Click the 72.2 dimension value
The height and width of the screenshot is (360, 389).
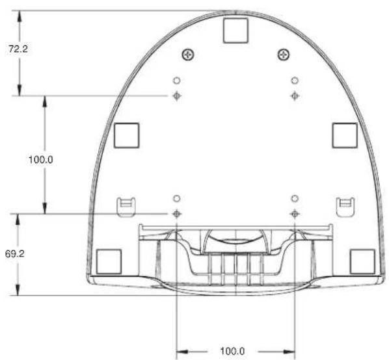point(18,49)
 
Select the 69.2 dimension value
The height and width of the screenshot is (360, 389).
point(15,254)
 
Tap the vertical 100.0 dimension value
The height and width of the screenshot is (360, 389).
point(41,160)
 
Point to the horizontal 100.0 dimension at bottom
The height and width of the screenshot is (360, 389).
point(232,351)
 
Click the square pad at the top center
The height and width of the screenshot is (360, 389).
point(235,31)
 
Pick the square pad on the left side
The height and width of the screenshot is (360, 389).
point(127,136)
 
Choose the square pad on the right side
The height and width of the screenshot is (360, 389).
point(345,136)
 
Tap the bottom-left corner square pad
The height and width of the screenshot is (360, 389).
point(109,262)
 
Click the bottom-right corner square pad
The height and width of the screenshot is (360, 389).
point(362,262)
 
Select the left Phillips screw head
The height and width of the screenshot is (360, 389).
point(188,55)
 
